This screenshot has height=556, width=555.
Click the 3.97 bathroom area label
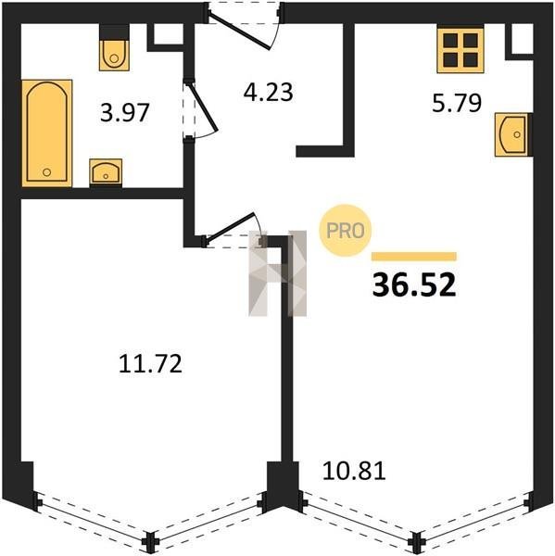[x=124, y=112]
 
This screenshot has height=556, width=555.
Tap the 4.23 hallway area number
[x=268, y=92]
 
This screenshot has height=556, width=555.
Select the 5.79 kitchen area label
[x=457, y=103]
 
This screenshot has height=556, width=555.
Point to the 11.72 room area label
[x=150, y=363]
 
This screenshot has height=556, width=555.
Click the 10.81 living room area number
[x=354, y=472]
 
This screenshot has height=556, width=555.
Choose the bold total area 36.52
[x=414, y=285]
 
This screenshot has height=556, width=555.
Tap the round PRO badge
[x=345, y=231]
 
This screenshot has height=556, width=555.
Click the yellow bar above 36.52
[x=414, y=256]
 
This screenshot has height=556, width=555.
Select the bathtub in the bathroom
[x=47, y=133]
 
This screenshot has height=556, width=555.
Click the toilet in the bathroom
[x=114, y=55]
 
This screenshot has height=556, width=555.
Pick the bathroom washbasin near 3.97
[x=106, y=172]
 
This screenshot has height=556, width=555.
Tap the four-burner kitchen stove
[x=460, y=50]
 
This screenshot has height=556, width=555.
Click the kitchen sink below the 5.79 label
[x=512, y=134]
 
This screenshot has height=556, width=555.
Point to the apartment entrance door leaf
[x=240, y=31]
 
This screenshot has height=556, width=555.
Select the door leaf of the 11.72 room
[x=230, y=228]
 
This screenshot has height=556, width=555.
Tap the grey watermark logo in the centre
[x=278, y=273]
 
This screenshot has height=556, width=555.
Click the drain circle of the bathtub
[x=47, y=172]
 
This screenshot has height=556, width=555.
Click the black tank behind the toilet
[x=114, y=32]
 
